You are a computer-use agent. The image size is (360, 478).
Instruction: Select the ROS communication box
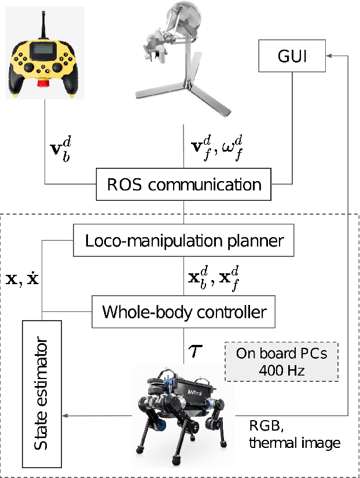pos(184,185)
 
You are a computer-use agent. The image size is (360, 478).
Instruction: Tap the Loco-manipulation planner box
pos(184,240)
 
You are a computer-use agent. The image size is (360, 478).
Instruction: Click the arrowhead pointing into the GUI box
pos(328,56)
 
